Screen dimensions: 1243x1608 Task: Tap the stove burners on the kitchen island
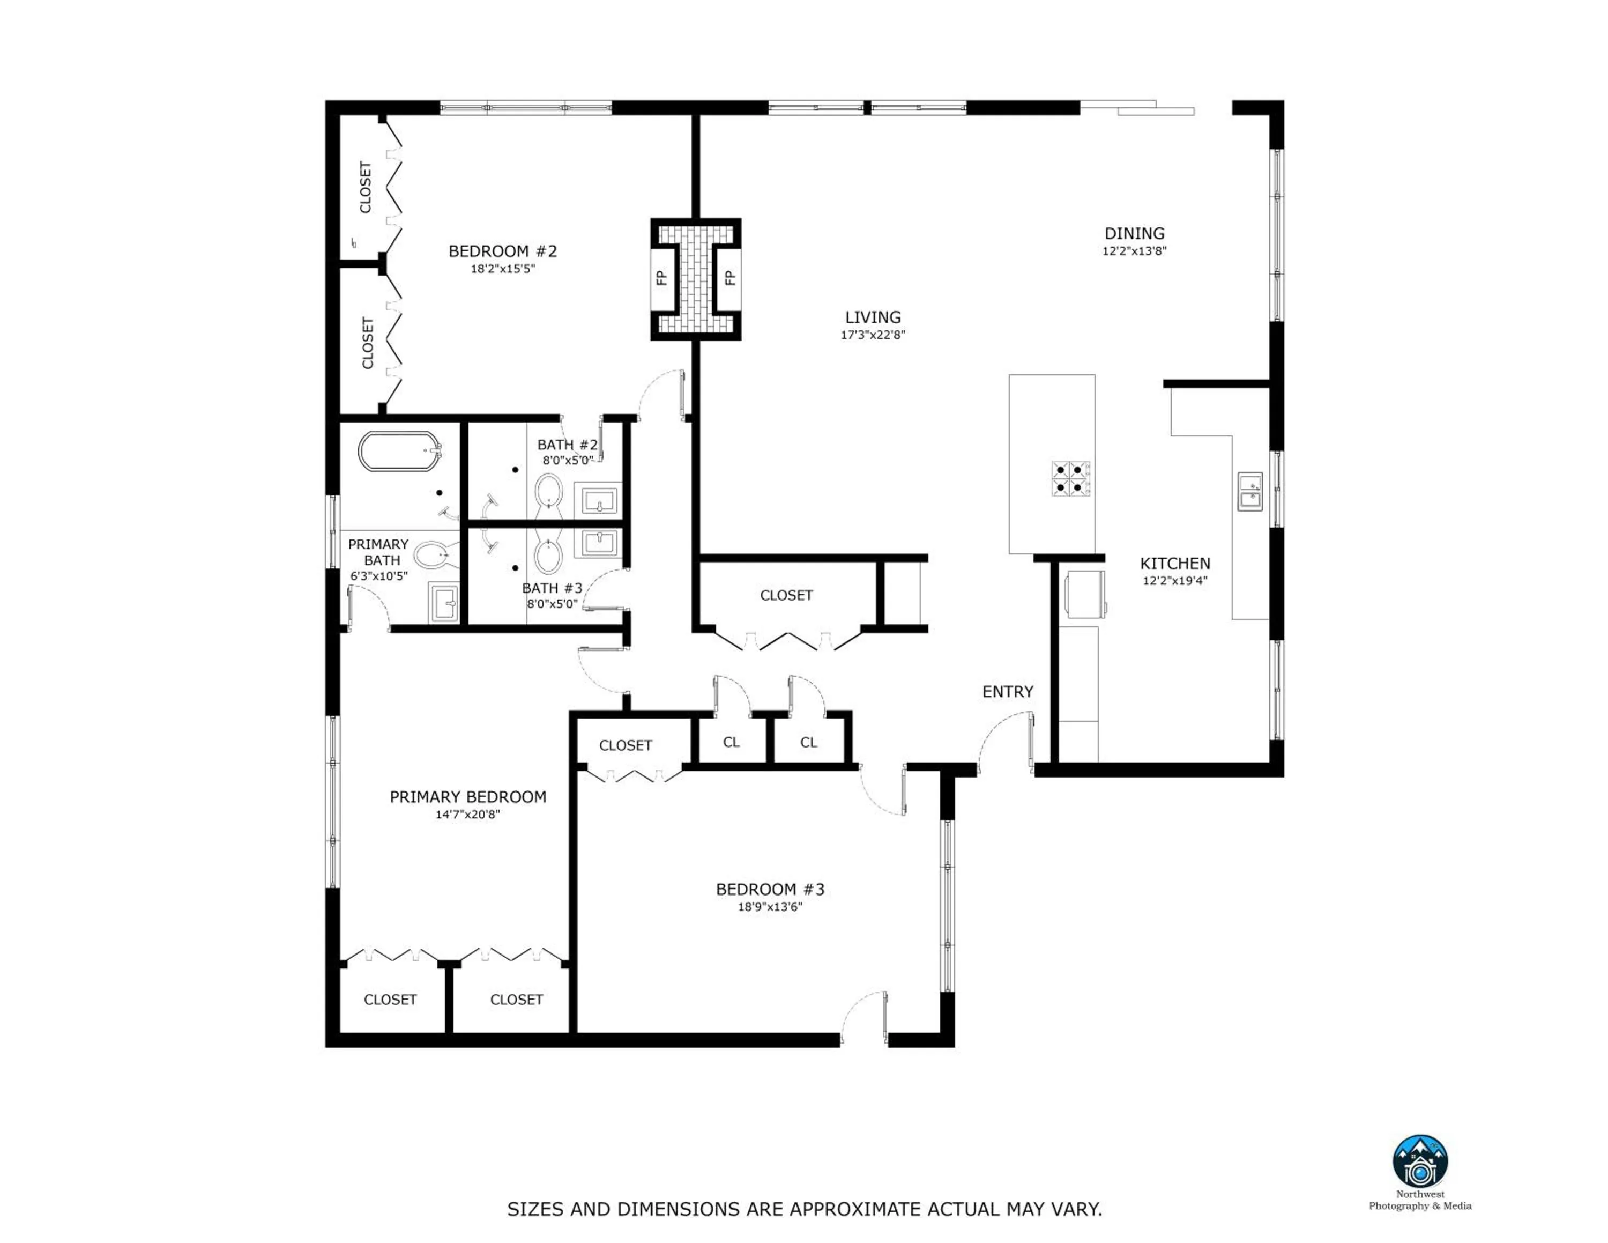coord(1070,478)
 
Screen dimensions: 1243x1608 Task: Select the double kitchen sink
coord(1249,492)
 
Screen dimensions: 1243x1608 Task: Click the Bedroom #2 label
coord(502,251)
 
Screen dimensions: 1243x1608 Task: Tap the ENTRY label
coord(1007,691)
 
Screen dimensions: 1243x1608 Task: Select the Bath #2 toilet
coord(548,491)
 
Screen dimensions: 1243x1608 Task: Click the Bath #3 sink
coord(598,543)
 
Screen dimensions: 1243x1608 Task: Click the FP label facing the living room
coord(729,278)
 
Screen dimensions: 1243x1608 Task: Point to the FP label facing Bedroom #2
coord(661,278)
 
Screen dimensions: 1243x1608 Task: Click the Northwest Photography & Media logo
coord(1419,1161)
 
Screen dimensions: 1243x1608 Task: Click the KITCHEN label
coord(1174,564)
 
